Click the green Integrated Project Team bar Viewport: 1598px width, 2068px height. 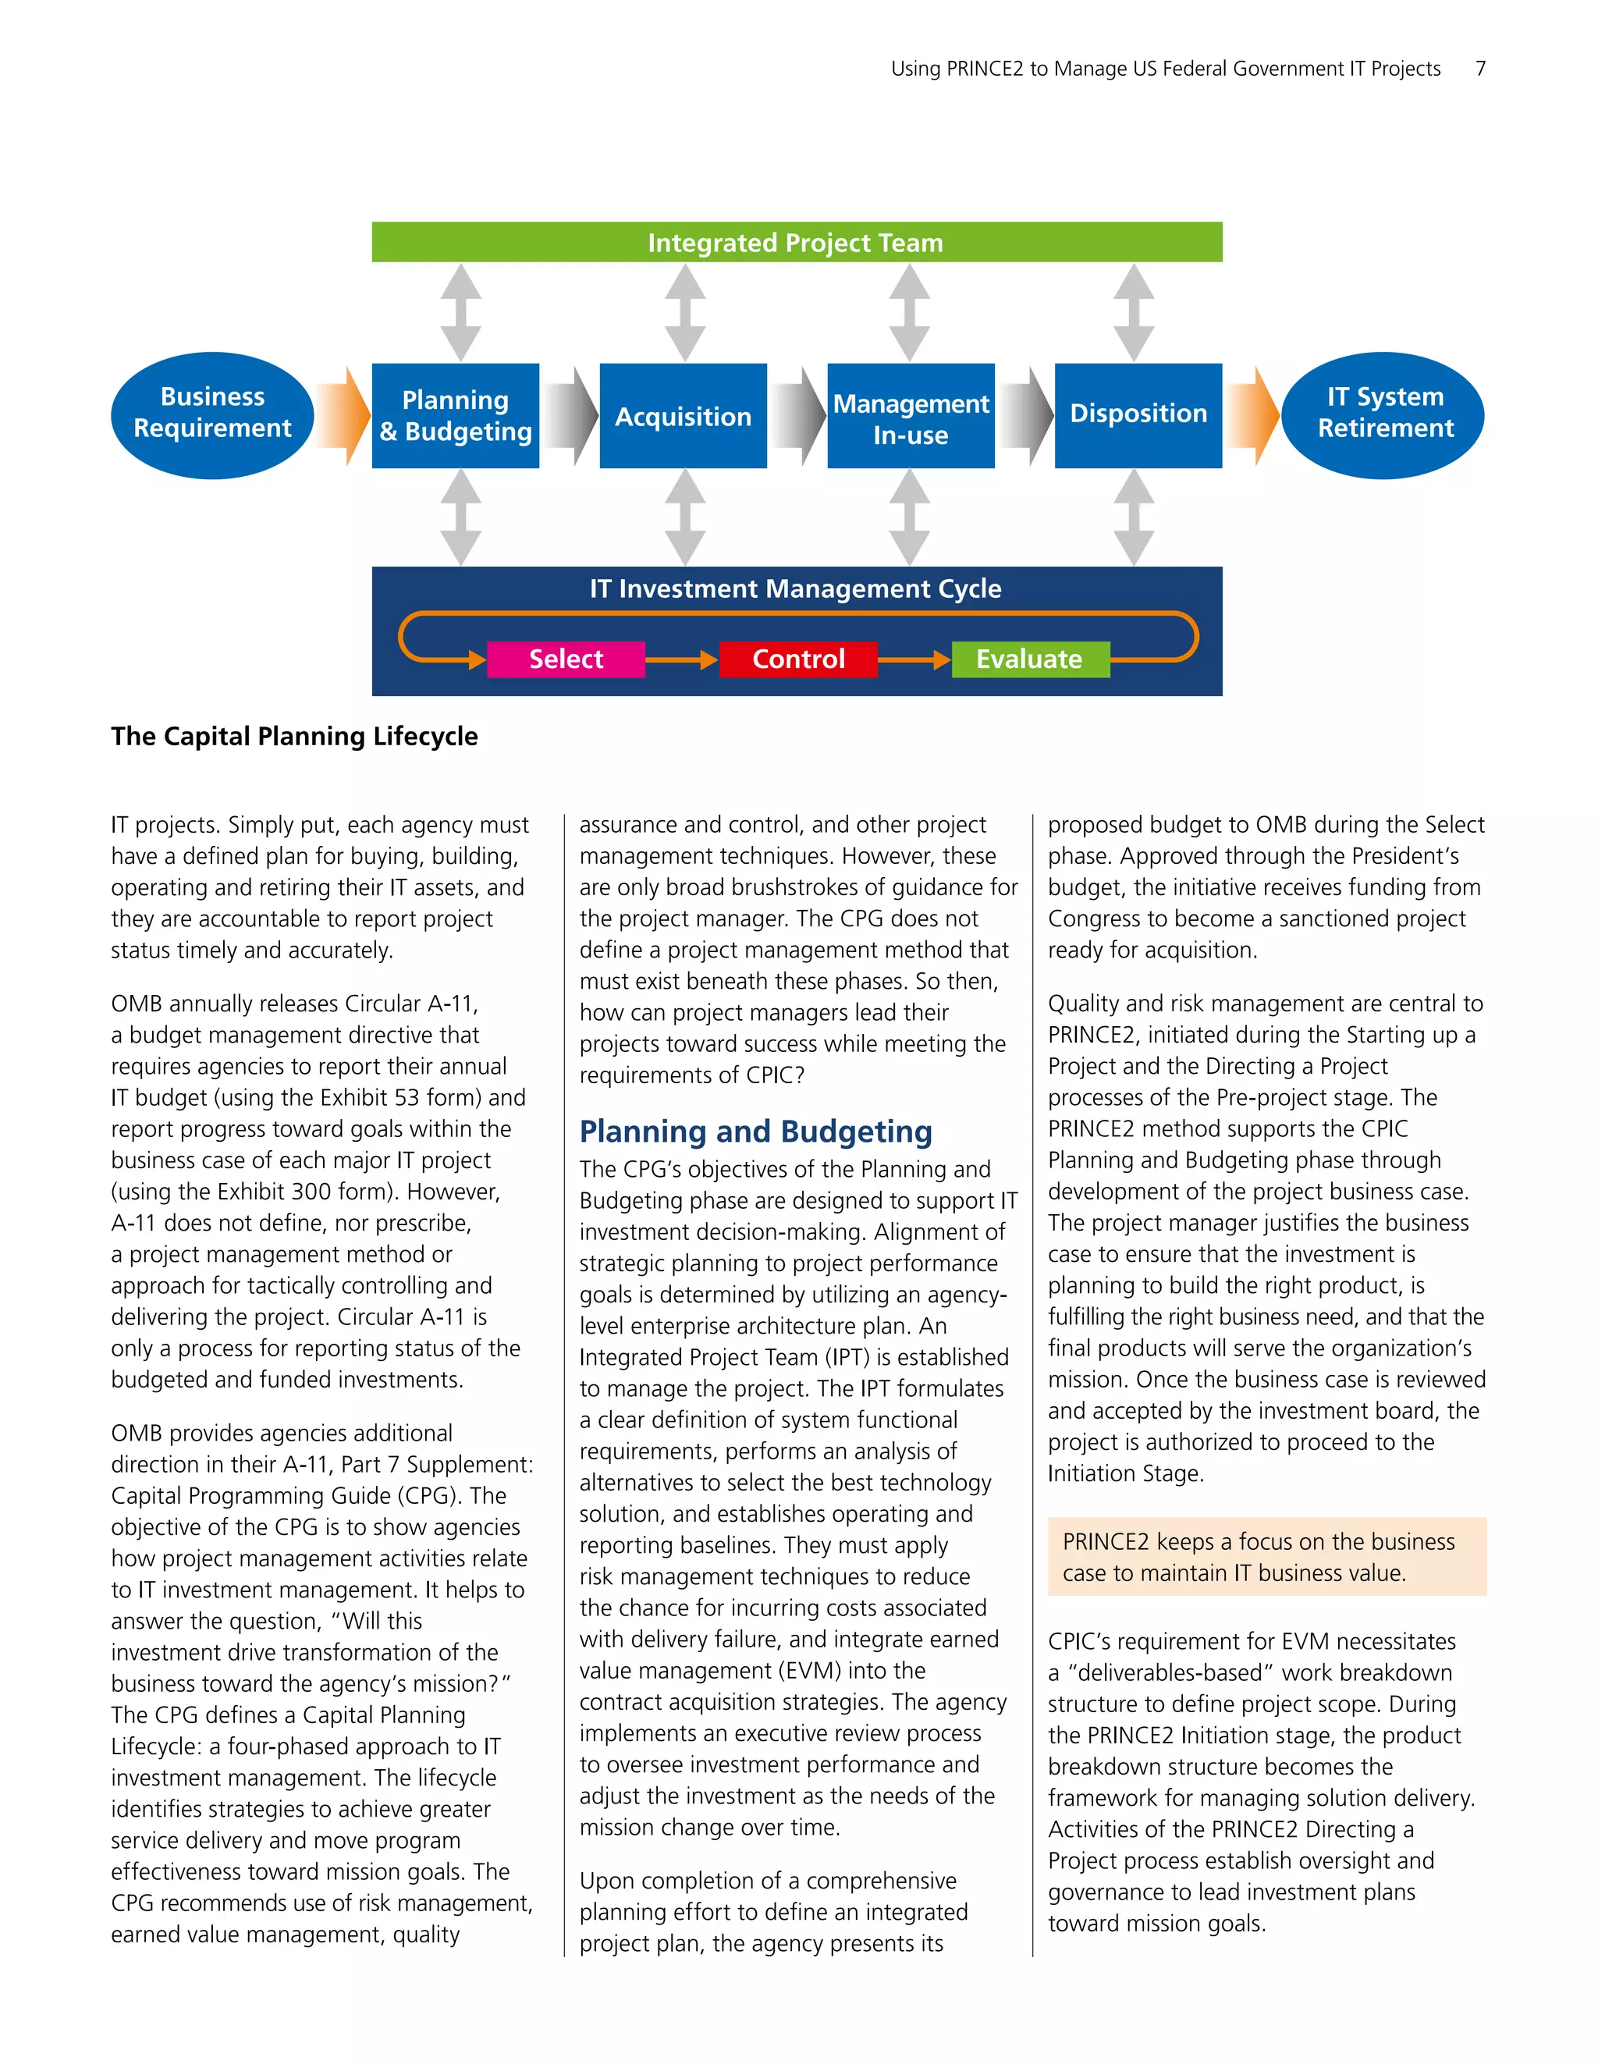(796, 243)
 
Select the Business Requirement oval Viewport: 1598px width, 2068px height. (212, 414)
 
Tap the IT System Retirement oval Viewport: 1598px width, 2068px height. (1383, 414)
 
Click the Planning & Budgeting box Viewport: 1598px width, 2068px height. (456, 416)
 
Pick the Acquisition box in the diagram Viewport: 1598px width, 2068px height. (683, 416)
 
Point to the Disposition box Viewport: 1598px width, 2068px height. (1138, 414)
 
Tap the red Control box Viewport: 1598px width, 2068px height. (798, 659)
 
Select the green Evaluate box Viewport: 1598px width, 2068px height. (1029, 659)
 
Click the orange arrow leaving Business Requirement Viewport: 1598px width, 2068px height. (343, 416)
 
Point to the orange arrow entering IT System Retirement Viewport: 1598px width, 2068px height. (1252, 416)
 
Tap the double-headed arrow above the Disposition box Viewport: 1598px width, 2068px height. (1133, 311)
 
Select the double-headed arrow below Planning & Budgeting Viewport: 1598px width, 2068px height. (461, 518)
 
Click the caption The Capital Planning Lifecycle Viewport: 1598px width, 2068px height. (294, 737)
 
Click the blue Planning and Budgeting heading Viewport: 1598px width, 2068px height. (755, 1132)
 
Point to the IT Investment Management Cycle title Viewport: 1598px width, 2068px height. (795, 589)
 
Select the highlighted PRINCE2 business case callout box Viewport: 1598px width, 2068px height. (1266, 1557)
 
